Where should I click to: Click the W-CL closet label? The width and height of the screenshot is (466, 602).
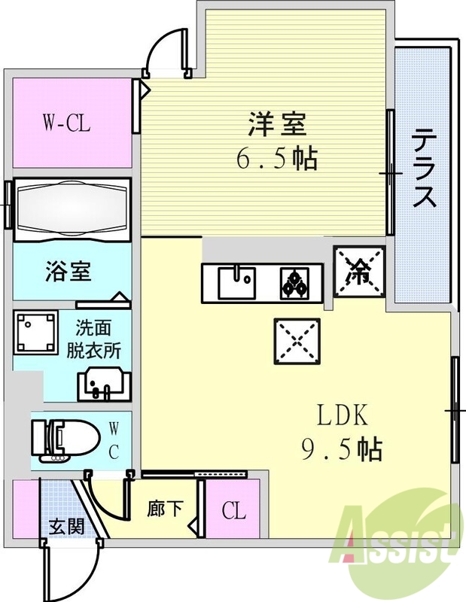66,123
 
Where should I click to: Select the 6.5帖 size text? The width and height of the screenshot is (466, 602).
276,158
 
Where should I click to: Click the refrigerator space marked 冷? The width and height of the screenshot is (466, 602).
359,272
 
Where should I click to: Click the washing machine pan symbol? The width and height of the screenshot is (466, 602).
35,332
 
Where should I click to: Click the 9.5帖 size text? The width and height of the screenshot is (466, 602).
340,450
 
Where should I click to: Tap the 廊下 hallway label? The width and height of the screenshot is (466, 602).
164,509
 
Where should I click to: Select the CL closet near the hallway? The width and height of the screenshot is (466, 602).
233,512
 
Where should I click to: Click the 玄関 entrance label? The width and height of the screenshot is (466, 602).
62,526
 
